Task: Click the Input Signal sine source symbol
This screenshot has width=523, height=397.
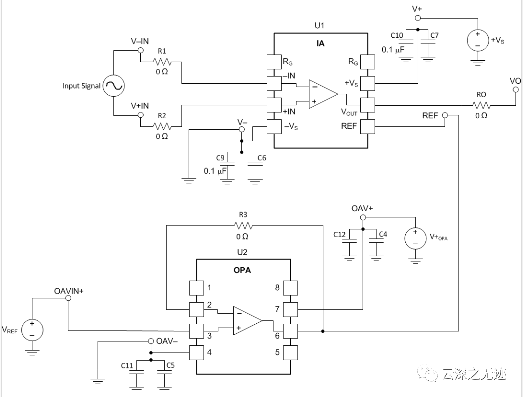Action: (113, 86)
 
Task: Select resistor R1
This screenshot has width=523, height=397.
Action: (162, 62)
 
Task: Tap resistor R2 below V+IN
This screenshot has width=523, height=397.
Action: (162, 126)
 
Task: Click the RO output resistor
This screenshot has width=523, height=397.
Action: (481, 105)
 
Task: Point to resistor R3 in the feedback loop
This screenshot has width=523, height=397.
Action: (243, 226)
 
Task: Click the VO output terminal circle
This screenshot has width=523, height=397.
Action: (515, 90)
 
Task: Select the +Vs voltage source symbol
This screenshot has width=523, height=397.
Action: (478, 40)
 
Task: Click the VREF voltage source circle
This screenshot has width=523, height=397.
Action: (32, 329)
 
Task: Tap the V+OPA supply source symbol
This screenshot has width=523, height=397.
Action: (415, 238)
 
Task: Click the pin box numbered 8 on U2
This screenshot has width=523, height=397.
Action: (291, 288)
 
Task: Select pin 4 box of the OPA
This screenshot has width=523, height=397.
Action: (196, 352)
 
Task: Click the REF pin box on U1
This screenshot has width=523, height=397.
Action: (368, 126)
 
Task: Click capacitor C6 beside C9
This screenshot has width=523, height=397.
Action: (255, 168)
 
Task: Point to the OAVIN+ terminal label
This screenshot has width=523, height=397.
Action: (69, 290)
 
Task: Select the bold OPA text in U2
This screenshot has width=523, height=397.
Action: (242, 270)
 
